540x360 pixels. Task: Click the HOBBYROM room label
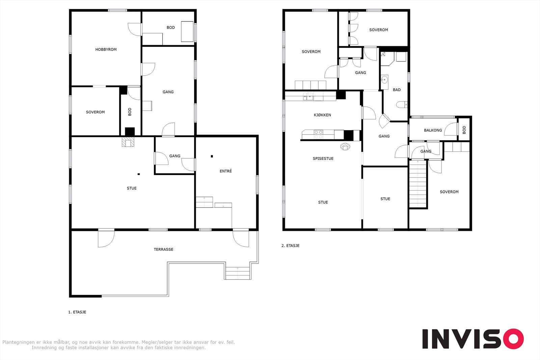tap(106, 49)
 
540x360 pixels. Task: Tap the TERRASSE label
tap(163, 249)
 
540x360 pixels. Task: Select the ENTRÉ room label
tap(226, 171)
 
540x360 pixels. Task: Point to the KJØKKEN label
tap(322, 115)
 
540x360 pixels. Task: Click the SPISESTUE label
tap(323, 159)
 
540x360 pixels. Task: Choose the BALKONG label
tap(433, 130)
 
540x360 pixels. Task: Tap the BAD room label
tap(397, 90)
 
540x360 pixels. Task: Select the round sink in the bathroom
tap(384, 79)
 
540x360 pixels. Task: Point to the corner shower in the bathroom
tap(387, 59)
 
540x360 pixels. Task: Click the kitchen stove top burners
tap(318, 134)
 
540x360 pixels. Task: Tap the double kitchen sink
tap(308, 96)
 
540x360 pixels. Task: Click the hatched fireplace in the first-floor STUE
tap(128, 142)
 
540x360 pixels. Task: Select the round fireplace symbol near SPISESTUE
tap(345, 146)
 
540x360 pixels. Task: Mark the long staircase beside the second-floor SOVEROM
tap(418, 184)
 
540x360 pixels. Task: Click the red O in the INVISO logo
tap(513, 338)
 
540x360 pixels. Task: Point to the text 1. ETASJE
tap(77, 312)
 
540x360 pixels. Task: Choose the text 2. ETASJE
tap(291, 246)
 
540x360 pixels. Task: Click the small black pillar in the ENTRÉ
tap(212, 156)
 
